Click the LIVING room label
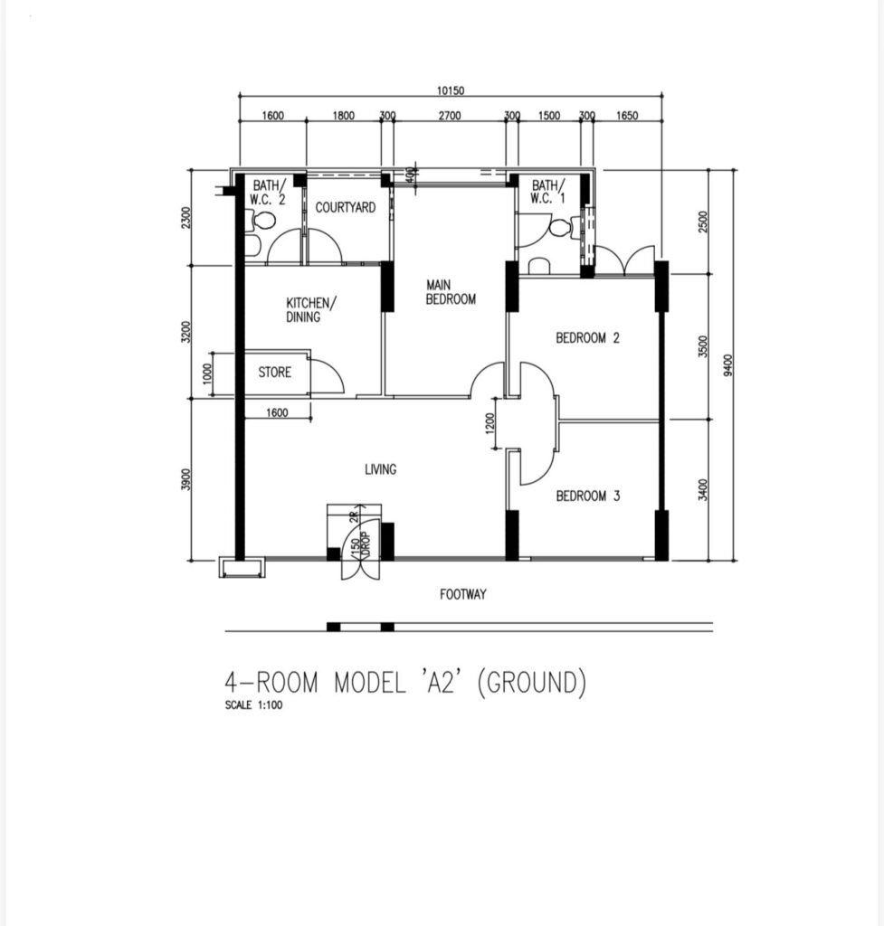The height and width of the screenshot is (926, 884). click(380, 469)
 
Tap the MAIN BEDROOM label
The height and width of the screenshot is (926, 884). click(451, 292)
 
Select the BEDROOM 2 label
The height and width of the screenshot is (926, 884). click(587, 338)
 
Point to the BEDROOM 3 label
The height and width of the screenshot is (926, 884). click(588, 496)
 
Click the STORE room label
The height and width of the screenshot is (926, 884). click(275, 372)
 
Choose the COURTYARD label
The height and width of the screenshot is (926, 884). click(345, 207)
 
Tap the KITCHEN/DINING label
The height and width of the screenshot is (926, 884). click(311, 310)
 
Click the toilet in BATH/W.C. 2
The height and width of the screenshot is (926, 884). click(263, 222)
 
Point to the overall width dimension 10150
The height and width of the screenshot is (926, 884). click(451, 90)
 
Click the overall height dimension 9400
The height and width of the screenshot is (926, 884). click(727, 365)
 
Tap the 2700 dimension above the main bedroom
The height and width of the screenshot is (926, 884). click(450, 115)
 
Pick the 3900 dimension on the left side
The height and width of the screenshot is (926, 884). click(185, 479)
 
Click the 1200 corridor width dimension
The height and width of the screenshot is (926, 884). click(490, 423)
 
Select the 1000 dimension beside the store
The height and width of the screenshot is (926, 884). click(207, 373)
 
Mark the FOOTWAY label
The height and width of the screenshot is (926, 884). click(463, 594)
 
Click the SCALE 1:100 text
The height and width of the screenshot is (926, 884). click(253, 704)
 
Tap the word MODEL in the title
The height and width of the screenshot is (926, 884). click(370, 682)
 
